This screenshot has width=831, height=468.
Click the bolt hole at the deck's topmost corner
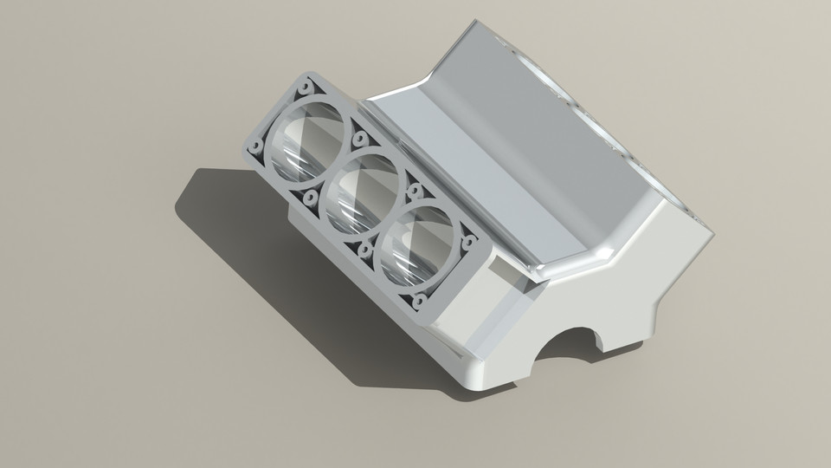pyautogui.click(x=306, y=87)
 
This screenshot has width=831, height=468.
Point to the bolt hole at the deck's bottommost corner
pyautogui.click(x=421, y=302)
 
